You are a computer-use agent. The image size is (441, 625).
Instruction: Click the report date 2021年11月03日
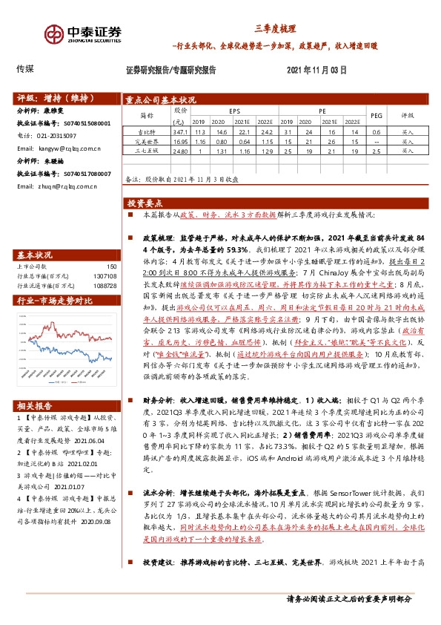coord(316,70)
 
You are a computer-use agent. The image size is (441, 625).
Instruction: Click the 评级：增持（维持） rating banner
coord(51,97)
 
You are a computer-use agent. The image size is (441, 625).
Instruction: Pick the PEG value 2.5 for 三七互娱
coord(375,150)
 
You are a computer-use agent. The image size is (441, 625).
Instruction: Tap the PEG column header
coord(376,115)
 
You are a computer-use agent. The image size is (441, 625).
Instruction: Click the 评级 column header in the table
coord(408,115)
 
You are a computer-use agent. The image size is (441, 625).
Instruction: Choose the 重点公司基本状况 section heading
coord(161,99)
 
